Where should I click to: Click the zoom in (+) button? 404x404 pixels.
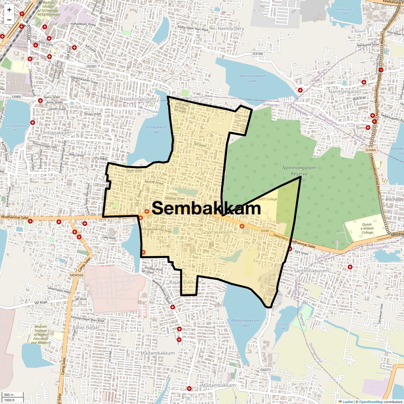[9, 10]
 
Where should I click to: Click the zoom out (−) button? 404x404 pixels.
[9, 20]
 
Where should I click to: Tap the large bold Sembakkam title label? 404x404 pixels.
[206, 208]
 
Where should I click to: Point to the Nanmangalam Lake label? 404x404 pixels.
[252, 78]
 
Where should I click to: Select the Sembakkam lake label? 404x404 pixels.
[156, 130]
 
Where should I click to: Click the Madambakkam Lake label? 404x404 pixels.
[245, 323]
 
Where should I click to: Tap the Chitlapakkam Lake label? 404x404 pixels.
[14, 128]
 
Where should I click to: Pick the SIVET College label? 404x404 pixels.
[267, 199]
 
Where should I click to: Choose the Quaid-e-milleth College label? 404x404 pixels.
[367, 228]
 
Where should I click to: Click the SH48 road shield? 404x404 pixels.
[265, 231]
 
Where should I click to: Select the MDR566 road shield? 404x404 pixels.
[76, 275]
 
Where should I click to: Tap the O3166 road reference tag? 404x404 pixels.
[258, 54]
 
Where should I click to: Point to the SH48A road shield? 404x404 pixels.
[370, 150]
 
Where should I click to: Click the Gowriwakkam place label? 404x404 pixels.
[217, 232]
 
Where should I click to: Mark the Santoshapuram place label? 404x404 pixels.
[311, 270]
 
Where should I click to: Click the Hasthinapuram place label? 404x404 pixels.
[139, 99]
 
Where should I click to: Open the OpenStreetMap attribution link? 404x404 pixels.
[371, 402]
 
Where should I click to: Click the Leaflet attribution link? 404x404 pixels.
[348, 402]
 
